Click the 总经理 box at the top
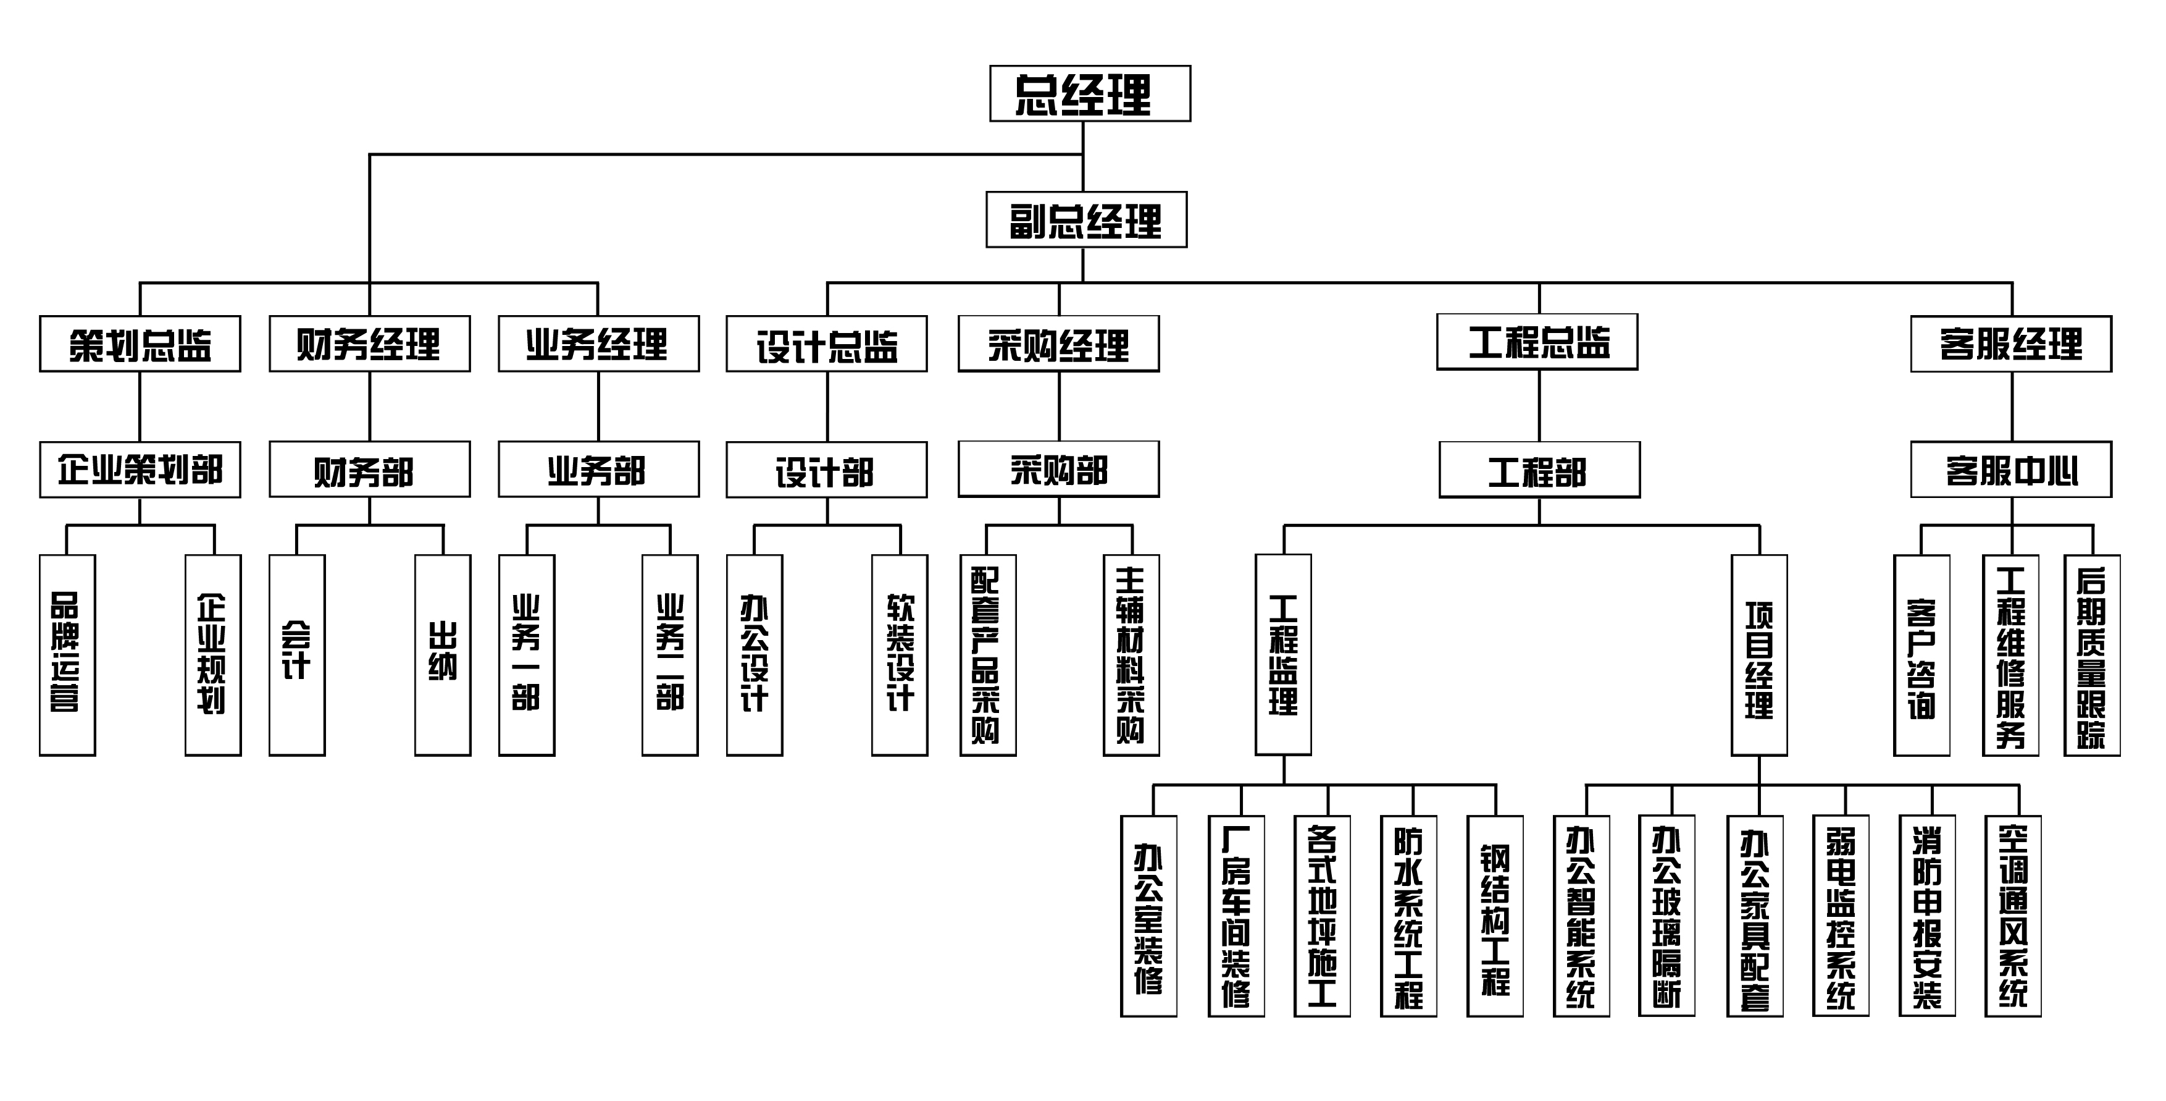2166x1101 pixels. click(1090, 93)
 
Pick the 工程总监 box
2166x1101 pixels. click(1537, 342)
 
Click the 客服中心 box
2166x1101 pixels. click(2010, 470)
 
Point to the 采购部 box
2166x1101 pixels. click(1059, 470)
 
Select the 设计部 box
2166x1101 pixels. click(827, 470)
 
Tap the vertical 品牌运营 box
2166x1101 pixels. click(67, 654)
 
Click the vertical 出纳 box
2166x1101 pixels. click(442, 654)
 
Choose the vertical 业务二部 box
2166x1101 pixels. click(670, 654)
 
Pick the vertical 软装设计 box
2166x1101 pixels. click(900, 654)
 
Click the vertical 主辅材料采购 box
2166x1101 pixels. click(1131, 654)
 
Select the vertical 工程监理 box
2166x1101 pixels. click(1283, 654)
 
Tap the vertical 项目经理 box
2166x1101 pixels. click(1759, 654)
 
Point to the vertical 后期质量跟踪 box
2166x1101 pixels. click(2092, 654)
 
